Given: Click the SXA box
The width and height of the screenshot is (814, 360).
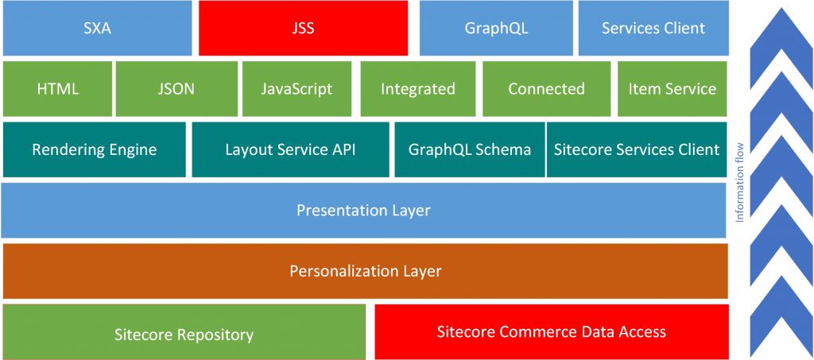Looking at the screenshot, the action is pyautogui.click(x=97, y=28).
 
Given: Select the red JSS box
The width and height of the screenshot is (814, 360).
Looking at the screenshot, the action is pyautogui.click(x=303, y=28).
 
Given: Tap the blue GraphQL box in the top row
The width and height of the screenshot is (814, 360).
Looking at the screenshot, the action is pyautogui.click(x=496, y=28).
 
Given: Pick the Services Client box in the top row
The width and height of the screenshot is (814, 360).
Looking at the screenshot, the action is pyautogui.click(x=653, y=28).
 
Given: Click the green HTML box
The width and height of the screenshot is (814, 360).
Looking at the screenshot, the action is pyautogui.click(x=57, y=89).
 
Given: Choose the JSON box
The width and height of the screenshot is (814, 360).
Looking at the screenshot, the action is pyautogui.click(x=176, y=89).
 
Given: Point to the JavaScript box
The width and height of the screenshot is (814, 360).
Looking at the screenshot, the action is pyautogui.click(x=297, y=89).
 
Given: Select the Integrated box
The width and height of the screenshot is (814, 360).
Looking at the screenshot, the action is pyautogui.click(x=418, y=89).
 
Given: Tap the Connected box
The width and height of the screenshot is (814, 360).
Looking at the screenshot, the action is pyautogui.click(x=546, y=89).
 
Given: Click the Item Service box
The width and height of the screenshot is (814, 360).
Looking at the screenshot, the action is pyautogui.click(x=673, y=89).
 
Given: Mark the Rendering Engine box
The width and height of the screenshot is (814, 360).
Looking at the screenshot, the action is pyautogui.click(x=94, y=150).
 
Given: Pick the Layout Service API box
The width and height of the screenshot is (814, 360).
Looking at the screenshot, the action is pyautogui.click(x=290, y=150).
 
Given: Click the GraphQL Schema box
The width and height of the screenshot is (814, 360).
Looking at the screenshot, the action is pyautogui.click(x=470, y=150).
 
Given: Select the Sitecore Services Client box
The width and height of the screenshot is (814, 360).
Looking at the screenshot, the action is pyautogui.click(x=637, y=150).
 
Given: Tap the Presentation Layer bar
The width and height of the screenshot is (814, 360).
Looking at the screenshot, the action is pyautogui.click(x=363, y=210).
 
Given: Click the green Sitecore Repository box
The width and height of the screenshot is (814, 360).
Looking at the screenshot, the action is pyautogui.click(x=184, y=332).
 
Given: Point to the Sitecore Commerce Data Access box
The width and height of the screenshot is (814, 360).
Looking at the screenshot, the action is pyautogui.click(x=552, y=332).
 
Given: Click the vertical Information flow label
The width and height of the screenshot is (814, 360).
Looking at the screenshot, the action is pyautogui.click(x=740, y=182).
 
